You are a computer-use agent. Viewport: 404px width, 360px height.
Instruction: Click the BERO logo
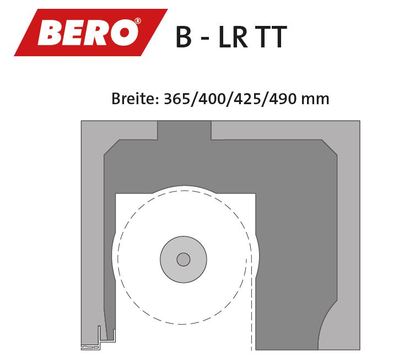91,33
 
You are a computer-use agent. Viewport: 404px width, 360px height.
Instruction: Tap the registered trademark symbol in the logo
138,21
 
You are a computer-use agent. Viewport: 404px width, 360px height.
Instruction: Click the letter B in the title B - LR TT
184,37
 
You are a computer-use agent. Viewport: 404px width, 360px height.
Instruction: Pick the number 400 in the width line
212,99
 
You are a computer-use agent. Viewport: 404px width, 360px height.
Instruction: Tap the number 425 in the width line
247,99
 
